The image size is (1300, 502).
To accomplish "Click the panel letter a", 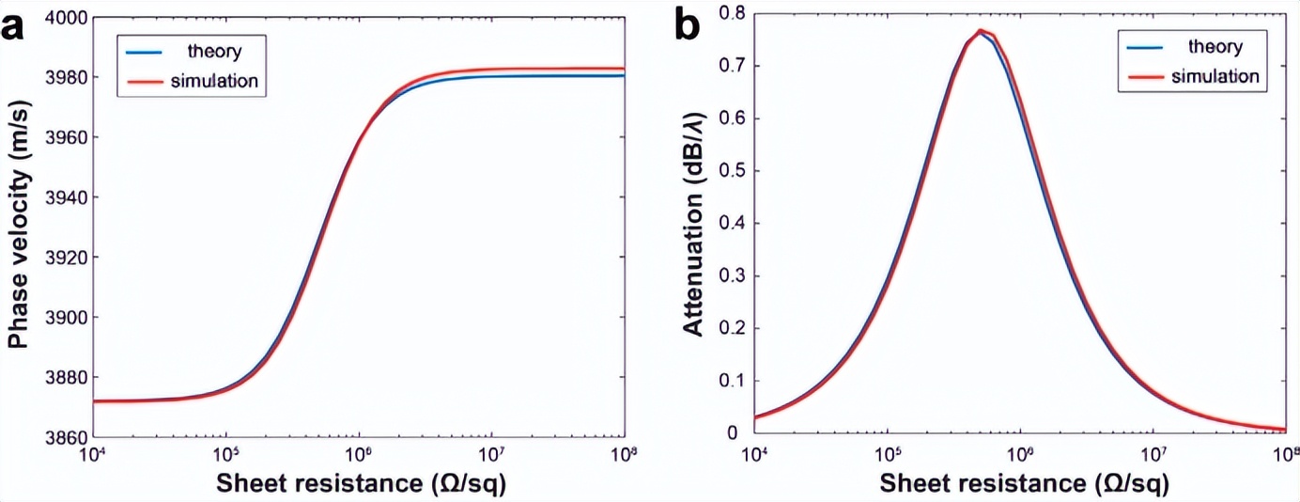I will point(16,27).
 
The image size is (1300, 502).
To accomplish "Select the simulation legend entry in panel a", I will point(215,81).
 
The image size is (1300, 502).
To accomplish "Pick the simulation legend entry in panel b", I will point(1214,75).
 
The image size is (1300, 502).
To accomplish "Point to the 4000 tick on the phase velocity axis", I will point(67,18).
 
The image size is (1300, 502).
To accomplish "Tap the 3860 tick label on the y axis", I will point(67,437).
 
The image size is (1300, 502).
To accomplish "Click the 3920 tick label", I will point(67,258).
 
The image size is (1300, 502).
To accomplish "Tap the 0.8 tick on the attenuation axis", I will point(732,13).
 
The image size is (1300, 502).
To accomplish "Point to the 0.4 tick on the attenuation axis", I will point(732,224).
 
